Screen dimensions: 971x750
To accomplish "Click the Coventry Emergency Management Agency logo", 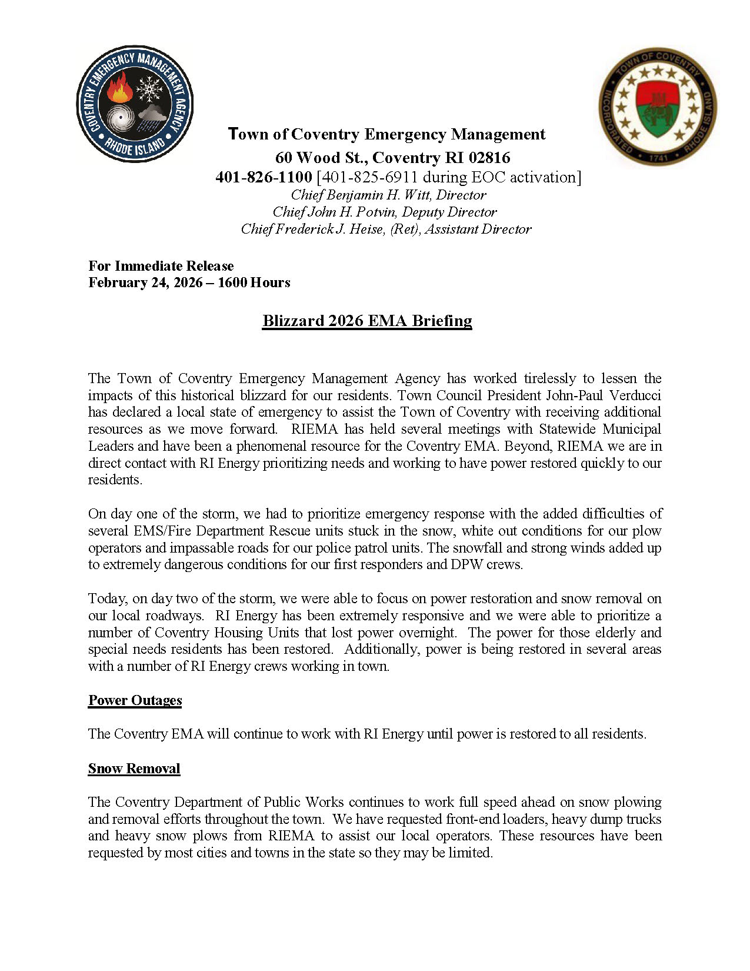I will pos(135,104).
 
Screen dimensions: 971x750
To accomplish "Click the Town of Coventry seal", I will pos(657,107).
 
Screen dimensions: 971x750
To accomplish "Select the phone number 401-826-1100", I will pos(264,177).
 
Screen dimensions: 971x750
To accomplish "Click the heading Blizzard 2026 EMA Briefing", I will pos(367,321).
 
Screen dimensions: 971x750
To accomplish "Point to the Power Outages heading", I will pos(135,700).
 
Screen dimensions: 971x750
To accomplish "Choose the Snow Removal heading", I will pos(134,769).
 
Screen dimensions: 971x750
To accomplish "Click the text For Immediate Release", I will pos(161,266).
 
